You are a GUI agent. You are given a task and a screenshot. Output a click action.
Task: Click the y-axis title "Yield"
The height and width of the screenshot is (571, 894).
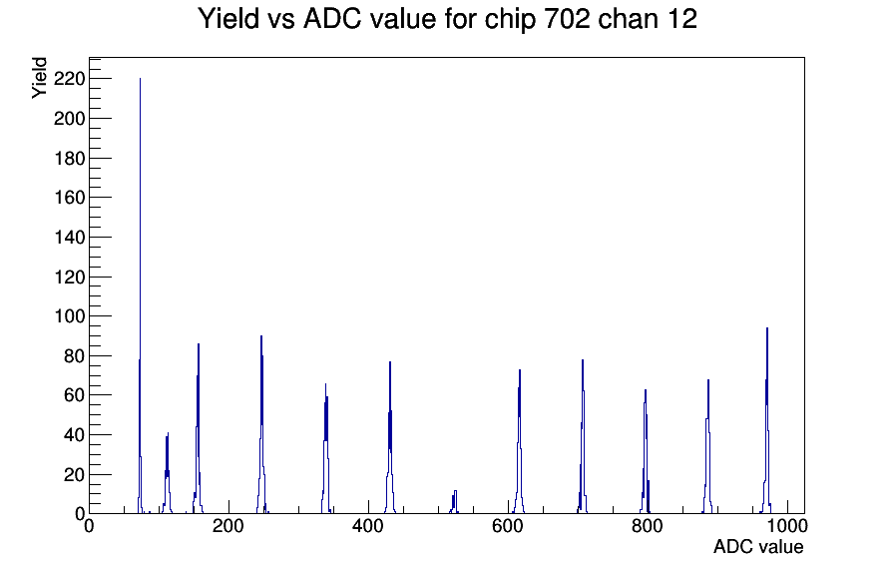(x=40, y=77)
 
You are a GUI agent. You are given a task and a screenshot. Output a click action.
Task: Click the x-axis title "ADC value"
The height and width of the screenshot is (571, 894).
(x=757, y=547)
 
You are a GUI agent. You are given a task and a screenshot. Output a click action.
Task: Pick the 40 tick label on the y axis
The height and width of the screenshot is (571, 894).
(x=73, y=434)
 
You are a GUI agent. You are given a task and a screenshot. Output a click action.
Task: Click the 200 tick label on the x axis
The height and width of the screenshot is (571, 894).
(x=228, y=527)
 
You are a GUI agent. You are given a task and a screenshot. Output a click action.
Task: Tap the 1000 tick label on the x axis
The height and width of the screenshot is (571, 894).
(x=787, y=527)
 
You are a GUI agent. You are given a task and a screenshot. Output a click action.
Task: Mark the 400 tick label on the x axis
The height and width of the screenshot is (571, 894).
(x=368, y=527)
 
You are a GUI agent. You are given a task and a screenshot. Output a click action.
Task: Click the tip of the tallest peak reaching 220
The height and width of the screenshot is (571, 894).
(x=140, y=79)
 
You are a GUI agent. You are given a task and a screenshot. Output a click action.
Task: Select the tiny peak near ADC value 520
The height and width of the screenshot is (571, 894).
(x=454, y=491)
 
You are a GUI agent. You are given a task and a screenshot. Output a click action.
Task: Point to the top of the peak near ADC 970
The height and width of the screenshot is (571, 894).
(x=766, y=328)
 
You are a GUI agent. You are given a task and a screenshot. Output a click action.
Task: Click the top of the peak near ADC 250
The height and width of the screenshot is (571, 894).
(x=261, y=336)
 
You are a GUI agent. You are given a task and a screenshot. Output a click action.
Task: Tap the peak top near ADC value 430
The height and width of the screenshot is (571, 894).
(x=390, y=362)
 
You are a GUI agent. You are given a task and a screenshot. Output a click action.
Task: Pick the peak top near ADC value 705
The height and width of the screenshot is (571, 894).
(x=582, y=360)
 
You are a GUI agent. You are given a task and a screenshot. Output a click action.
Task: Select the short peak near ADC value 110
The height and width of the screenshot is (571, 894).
(x=168, y=433)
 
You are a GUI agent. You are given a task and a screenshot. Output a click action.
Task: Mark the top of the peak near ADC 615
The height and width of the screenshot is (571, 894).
(x=520, y=370)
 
